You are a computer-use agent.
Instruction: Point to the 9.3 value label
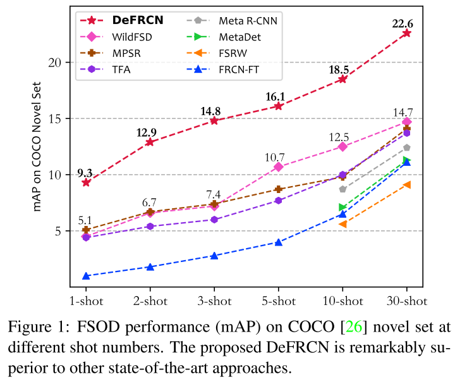(x=85, y=172)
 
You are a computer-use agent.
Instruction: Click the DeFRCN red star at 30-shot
(x=406, y=33)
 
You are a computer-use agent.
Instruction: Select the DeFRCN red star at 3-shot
(x=214, y=120)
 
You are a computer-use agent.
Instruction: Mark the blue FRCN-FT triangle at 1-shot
(x=86, y=276)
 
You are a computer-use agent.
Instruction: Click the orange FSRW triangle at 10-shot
(x=343, y=224)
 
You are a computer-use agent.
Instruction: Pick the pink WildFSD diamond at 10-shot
(x=343, y=146)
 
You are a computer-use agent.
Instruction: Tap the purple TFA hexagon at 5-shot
(x=278, y=201)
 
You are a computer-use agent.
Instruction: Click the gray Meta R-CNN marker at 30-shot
(x=406, y=147)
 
